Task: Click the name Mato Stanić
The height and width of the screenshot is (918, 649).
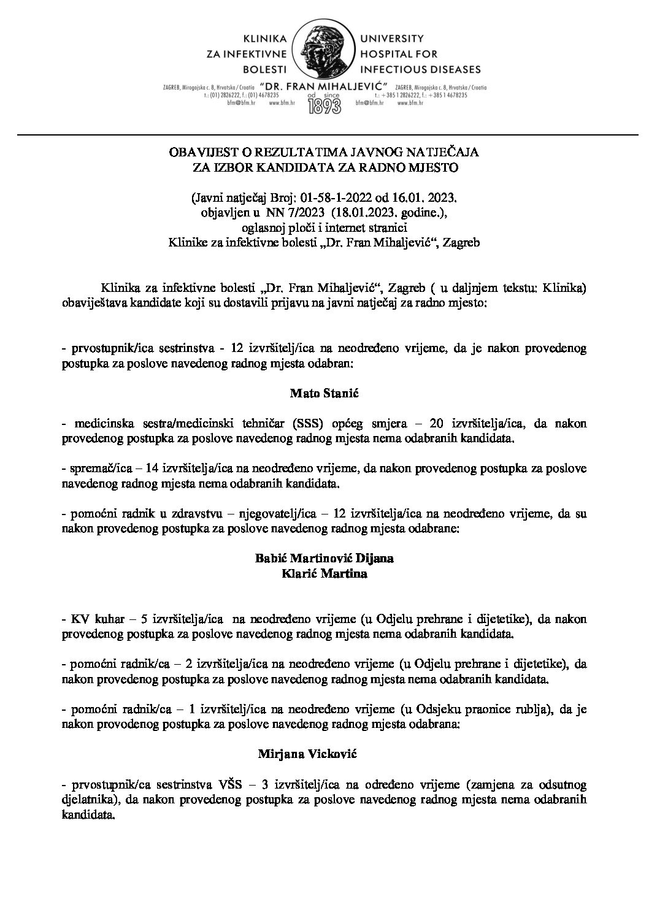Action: pos(324,394)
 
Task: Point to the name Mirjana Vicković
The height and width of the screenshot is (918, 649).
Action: pos(324,754)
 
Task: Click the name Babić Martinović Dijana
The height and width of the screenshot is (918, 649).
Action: pos(324,559)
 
